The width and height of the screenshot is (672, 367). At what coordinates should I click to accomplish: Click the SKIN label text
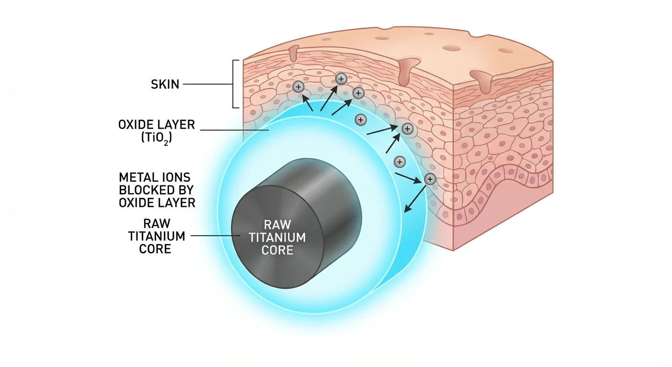click(165, 85)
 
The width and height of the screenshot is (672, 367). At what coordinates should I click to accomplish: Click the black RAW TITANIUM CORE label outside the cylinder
click(156, 236)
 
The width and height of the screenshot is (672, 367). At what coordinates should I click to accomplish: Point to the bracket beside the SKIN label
click(234, 84)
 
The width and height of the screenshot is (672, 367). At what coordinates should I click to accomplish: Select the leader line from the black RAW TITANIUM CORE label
click(215, 236)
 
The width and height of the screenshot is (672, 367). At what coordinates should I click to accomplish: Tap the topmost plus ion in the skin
click(341, 79)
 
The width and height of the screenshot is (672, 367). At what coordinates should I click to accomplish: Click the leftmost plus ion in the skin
click(299, 87)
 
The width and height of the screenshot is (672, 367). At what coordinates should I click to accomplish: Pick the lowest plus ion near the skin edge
click(430, 179)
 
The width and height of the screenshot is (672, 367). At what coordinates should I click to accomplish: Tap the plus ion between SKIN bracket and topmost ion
click(299, 87)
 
